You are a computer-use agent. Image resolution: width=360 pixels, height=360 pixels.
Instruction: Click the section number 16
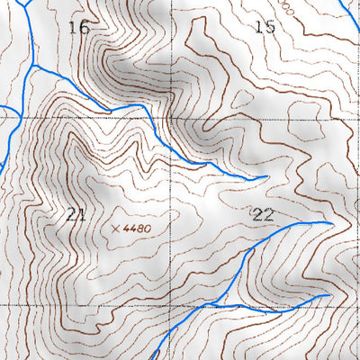79,27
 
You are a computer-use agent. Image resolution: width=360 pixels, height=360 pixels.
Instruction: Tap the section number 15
265,27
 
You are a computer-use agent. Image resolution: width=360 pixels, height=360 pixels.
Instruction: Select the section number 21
76,214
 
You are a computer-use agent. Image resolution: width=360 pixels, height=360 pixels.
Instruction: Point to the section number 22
263,214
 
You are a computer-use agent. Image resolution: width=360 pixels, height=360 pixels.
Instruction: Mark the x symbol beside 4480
116,229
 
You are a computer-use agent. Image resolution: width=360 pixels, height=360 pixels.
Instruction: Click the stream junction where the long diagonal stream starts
32,66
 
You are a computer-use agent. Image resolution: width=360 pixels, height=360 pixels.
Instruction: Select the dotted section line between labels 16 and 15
172,45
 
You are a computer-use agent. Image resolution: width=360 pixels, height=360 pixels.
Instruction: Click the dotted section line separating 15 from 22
270,119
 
